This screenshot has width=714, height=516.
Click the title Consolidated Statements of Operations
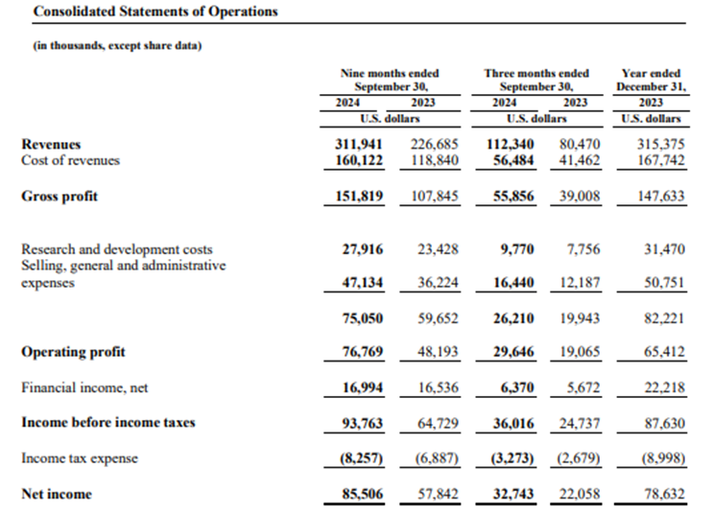[155, 12]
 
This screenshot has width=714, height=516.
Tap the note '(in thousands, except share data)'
[117, 45]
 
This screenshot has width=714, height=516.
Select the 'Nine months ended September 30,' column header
[390, 80]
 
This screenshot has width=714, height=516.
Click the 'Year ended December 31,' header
[651, 80]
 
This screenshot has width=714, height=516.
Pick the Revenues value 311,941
[359, 144]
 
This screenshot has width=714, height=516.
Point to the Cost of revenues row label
[71, 160]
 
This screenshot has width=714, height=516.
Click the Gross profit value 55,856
[513, 196]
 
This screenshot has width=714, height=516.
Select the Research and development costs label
[117, 249]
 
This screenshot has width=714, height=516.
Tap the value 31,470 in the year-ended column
[664, 249]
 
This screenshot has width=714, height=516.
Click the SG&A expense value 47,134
[363, 283]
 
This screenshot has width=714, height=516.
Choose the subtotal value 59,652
[438, 318]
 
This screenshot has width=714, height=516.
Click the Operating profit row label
[73, 352]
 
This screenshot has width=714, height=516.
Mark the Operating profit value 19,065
[580, 352]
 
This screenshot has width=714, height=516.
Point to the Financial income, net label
[84, 387]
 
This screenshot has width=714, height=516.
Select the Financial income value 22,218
[664, 387]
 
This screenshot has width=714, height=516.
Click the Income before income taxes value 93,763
[363, 424]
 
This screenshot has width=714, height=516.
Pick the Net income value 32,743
[513, 494]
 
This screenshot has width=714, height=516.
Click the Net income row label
[57, 494]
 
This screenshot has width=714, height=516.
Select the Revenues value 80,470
[580, 144]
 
